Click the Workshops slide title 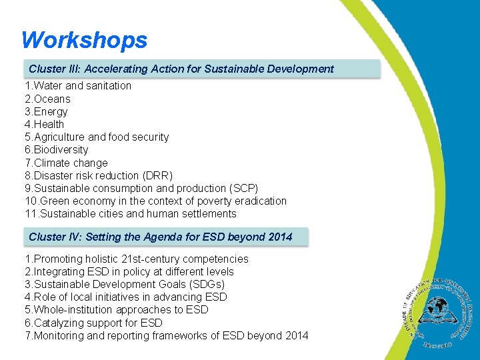pos(84,40)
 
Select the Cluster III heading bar pos(203,69)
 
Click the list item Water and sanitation pos(78,86)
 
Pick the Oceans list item pos(47,99)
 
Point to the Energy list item pos(46,111)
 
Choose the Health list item pos(45,124)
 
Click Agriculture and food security pos(97,137)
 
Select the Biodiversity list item pos(57,150)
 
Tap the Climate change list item pos(66,163)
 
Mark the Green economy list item pos(155,201)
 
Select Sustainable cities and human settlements pos(131,214)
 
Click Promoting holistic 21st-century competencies pos(137,259)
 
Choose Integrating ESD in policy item pos(129,271)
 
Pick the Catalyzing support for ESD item pos(93,323)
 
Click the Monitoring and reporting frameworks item pos(167,335)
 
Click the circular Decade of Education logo pos(437,308)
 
